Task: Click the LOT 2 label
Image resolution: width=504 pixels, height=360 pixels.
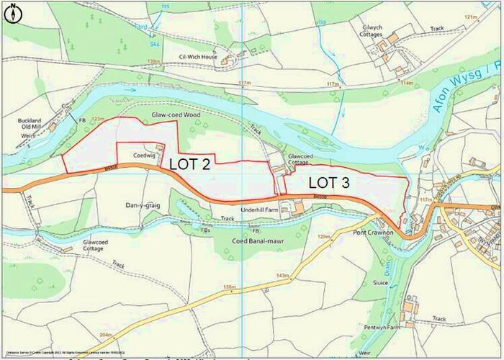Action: pyautogui.click(x=190, y=164)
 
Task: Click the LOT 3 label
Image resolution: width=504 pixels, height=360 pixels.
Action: pyautogui.click(x=329, y=183)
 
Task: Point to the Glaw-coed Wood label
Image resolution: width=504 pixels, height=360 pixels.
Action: pyautogui.click(x=174, y=114)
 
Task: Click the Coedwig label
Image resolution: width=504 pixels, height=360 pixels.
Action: pyautogui.click(x=145, y=153)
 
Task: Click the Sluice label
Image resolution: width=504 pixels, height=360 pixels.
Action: pyautogui.click(x=402, y=284)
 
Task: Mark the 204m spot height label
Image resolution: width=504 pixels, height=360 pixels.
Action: pyautogui.click(x=106, y=336)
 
